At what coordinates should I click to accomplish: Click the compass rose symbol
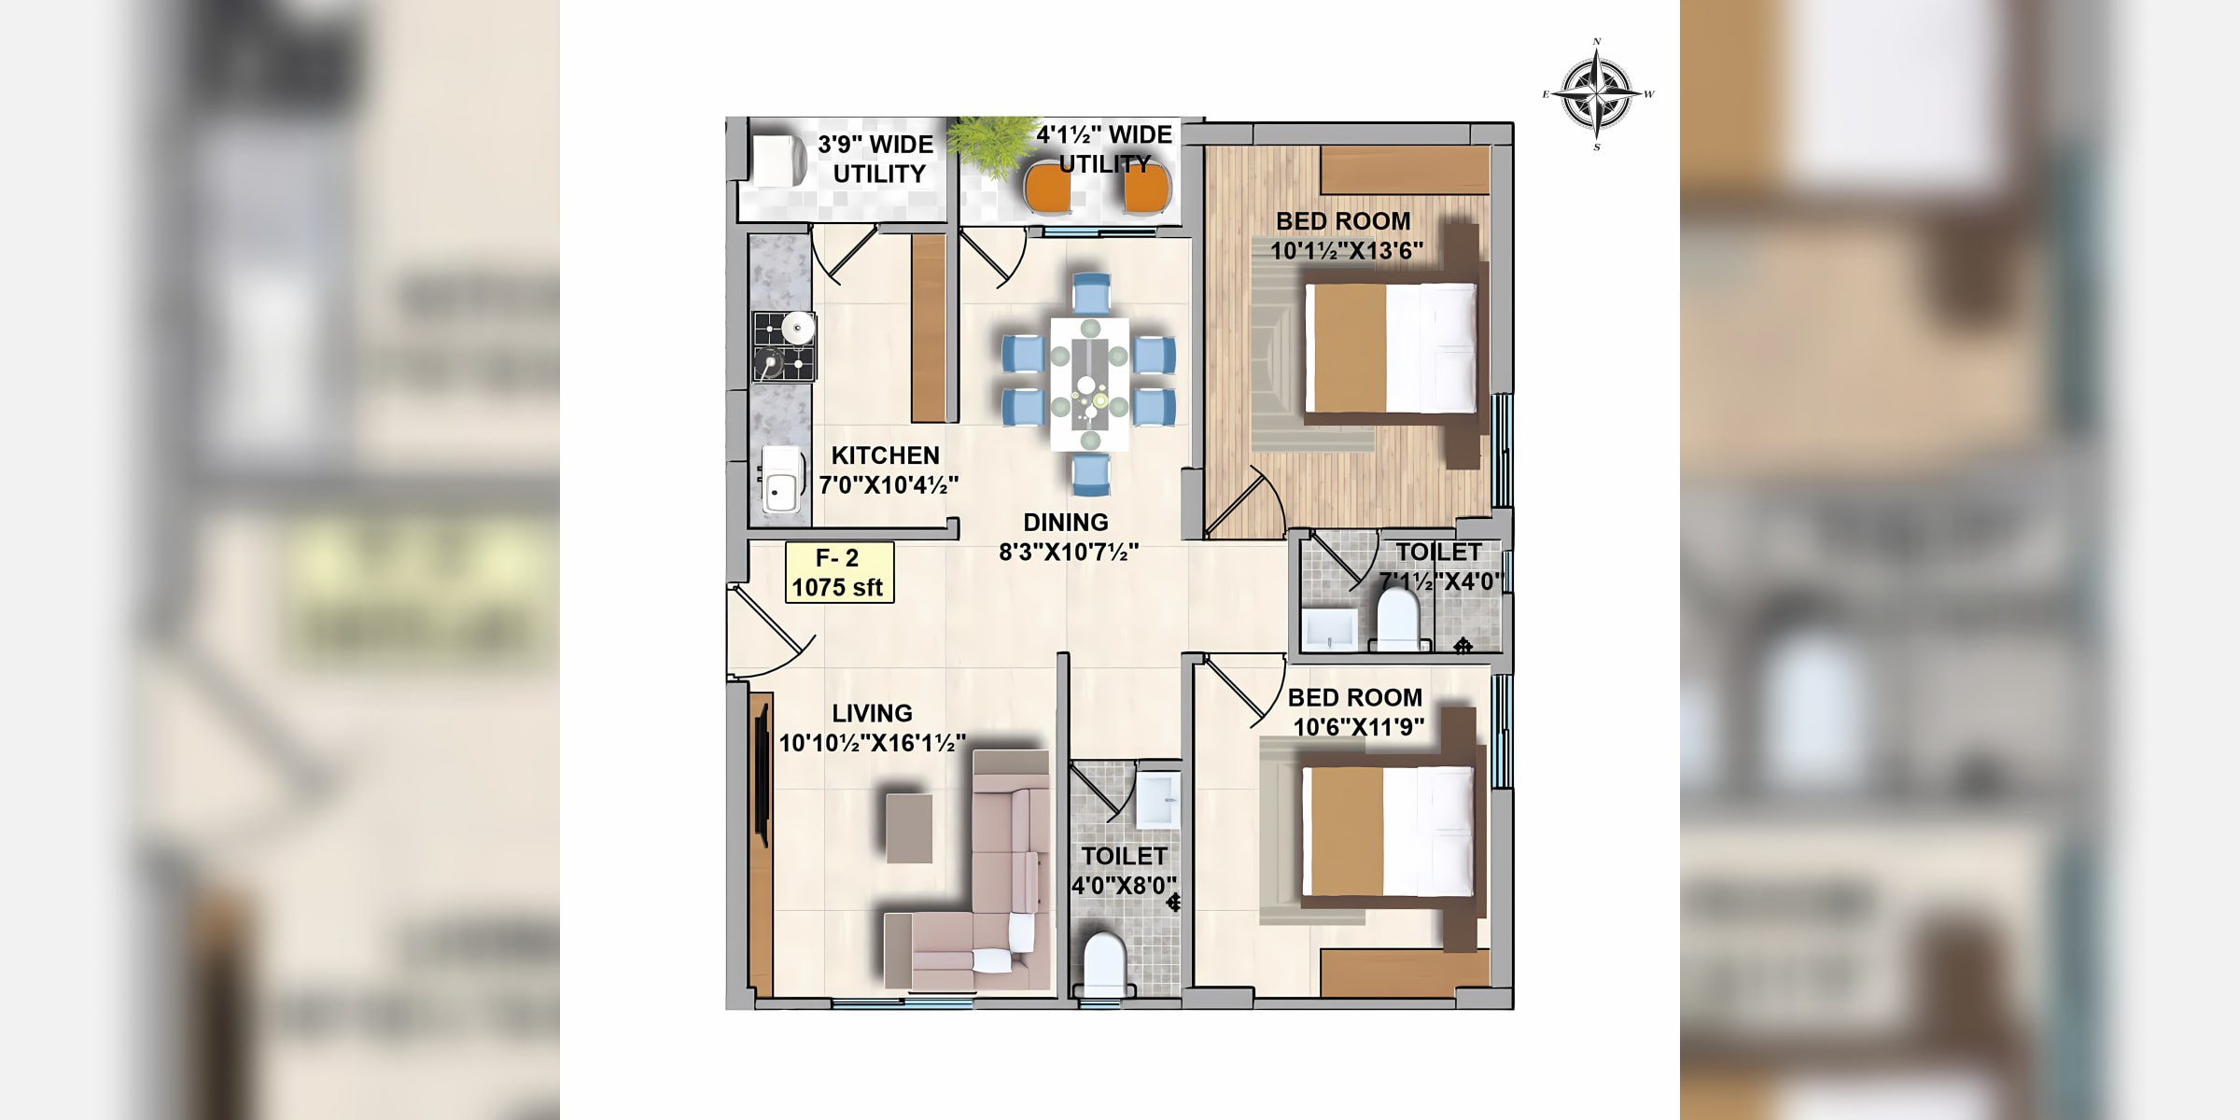[1598, 94]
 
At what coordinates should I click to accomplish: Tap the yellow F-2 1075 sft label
[839, 572]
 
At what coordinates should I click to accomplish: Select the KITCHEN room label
[885, 455]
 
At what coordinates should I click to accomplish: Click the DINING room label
[1066, 523]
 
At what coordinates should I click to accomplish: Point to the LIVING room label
[872, 713]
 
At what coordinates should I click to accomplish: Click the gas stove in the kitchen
[784, 346]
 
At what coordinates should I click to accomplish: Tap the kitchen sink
[781, 480]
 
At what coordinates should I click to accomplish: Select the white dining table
[1089, 385]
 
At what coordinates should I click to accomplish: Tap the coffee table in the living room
[908, 828]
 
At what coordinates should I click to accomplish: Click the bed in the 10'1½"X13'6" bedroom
[1390, 348]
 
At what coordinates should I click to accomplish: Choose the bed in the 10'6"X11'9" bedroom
[1388, 832]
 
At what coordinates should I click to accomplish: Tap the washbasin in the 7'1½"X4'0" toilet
[1330, 629]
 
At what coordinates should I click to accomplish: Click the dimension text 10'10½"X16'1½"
[872, 743]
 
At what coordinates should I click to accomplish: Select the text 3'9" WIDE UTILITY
[875, 159]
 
